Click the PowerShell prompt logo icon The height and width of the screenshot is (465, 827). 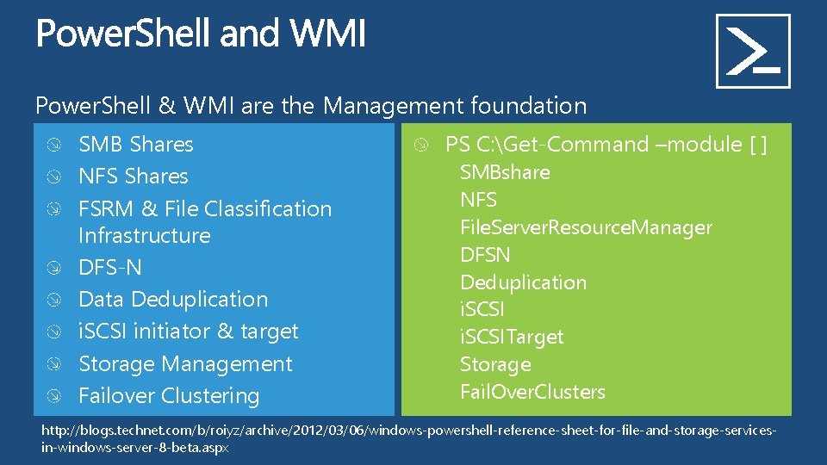pos(753,51)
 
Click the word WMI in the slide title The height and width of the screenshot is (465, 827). pos(328,35)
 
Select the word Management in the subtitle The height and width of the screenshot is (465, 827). pos(395,106)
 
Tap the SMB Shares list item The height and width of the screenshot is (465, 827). pos(136,145)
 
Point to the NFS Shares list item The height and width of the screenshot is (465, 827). pos(133,177)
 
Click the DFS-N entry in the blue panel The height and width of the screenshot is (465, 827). pos(109,268)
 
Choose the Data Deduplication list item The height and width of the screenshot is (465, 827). pos(173,300)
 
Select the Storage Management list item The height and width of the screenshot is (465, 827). pos(185,364)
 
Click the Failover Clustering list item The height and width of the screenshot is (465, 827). pos(169,396)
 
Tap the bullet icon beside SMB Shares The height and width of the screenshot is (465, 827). pos(54,145)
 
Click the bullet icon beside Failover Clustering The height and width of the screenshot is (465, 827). pos(54,396)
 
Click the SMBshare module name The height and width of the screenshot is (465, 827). pos(505,172)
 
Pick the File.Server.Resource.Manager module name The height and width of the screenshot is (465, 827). pos(586,227)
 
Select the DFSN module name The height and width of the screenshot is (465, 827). pos(485,255)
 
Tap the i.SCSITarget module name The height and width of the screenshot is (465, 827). pos(512,337)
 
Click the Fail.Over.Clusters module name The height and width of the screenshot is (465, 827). pos(532,392)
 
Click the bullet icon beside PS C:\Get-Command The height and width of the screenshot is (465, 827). pos(420,145)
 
